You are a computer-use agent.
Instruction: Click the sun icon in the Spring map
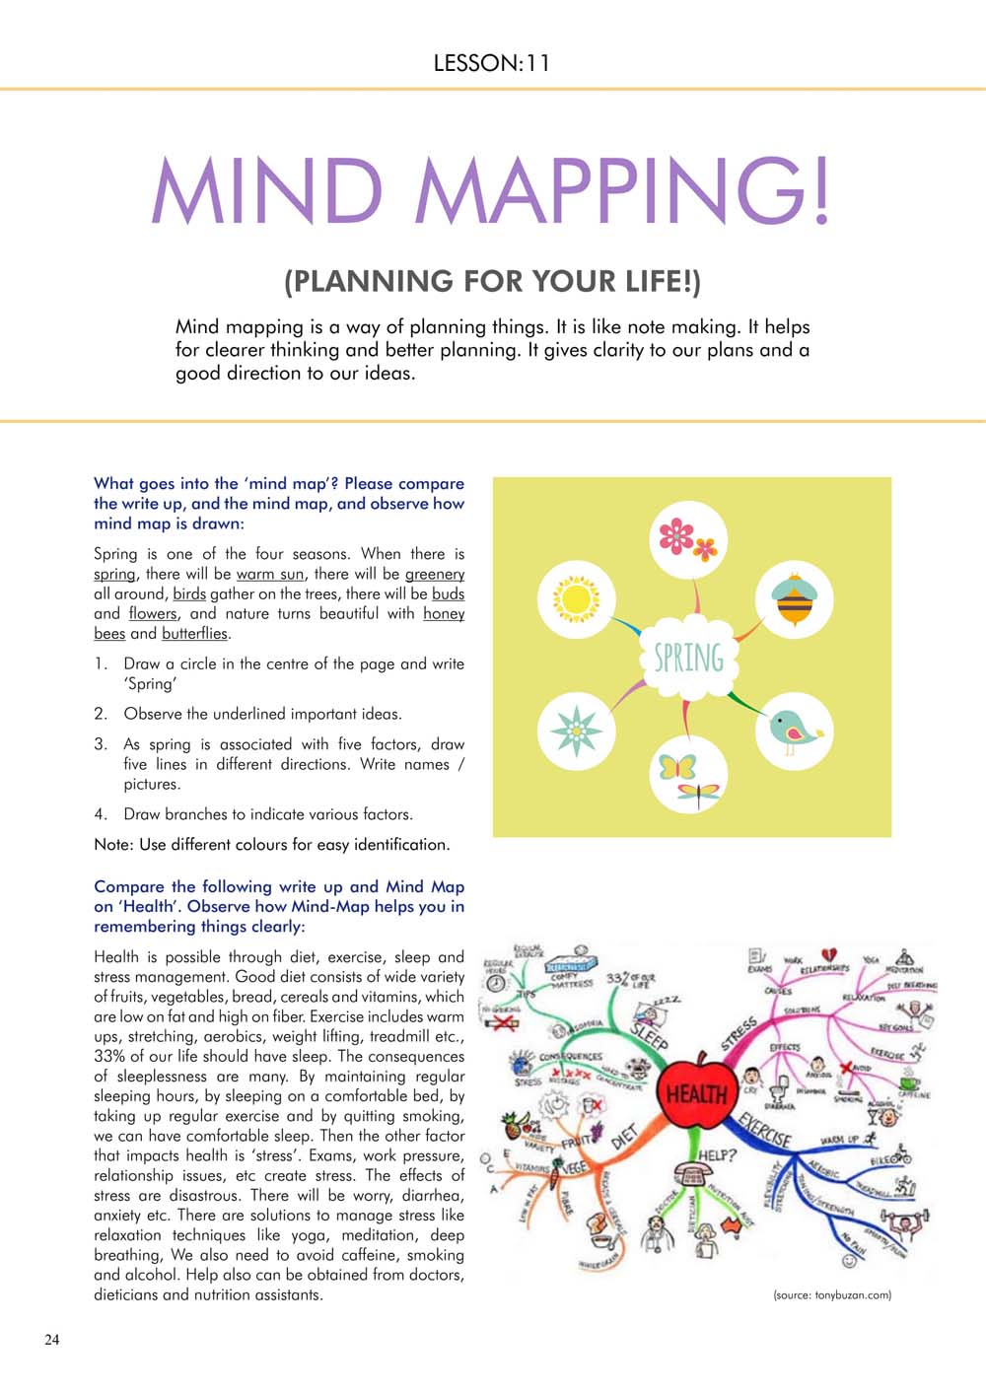(576, 598)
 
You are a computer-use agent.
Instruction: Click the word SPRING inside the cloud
(689, 658)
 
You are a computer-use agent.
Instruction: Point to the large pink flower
(676, 535)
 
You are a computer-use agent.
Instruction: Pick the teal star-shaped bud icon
(576, 731)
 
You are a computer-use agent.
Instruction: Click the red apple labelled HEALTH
(696, 1092)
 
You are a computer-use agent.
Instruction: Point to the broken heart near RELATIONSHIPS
(830, 953)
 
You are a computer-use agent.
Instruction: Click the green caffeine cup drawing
(908, 1081)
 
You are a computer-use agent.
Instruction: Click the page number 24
(51, 1339)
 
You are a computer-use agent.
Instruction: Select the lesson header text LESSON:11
(491, 63)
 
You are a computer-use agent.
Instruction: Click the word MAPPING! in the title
(621, 190)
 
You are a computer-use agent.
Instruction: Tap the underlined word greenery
(435, 574)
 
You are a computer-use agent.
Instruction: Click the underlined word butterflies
(194, 634)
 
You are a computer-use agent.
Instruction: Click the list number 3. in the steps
(101, 744)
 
